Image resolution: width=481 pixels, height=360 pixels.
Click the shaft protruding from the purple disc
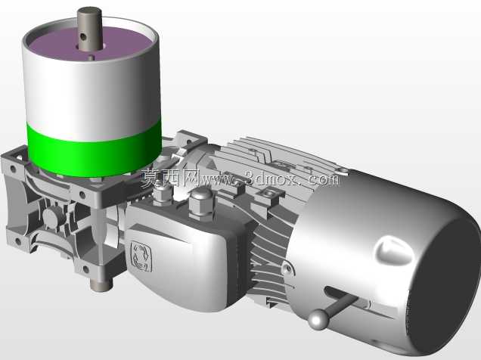pos(89,29)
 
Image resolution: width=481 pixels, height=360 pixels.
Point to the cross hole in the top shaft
pos(82,37)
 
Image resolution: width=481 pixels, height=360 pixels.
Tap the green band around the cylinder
pos(95,151)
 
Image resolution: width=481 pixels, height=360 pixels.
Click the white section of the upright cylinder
pos(92,92)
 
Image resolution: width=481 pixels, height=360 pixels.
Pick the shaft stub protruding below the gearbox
pos(102,284)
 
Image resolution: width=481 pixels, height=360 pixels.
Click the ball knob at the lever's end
pos(318,319)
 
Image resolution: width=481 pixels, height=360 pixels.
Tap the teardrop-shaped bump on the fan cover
pos(394,250)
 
